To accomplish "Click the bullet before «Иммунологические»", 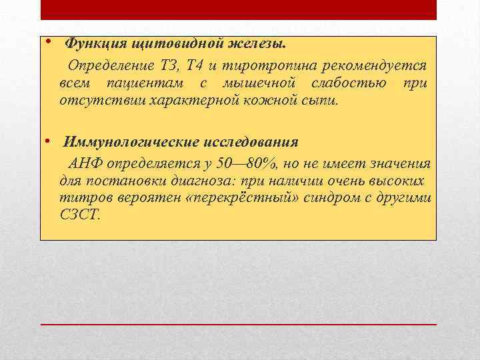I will tap(50, 140).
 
